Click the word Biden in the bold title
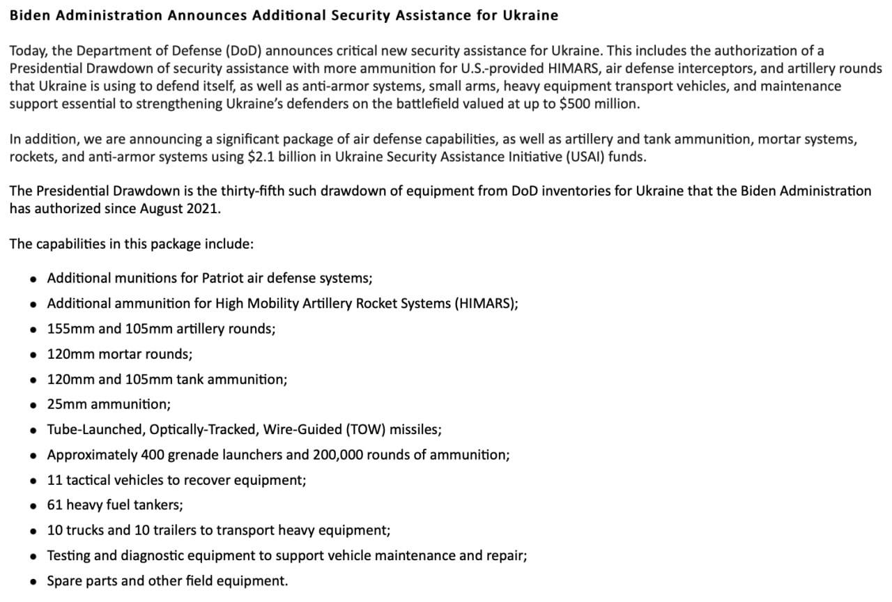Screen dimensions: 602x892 (x=29, y=15)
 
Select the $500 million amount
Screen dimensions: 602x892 (x=599, y=103)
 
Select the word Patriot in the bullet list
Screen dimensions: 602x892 (x=223, y=278)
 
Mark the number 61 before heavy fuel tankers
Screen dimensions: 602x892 (x=55, y=505)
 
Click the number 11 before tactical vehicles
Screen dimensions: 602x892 (x=55, y=480)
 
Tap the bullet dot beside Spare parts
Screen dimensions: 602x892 (x=33, y=582)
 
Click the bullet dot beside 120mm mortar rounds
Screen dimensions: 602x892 (x=33, y=355)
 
